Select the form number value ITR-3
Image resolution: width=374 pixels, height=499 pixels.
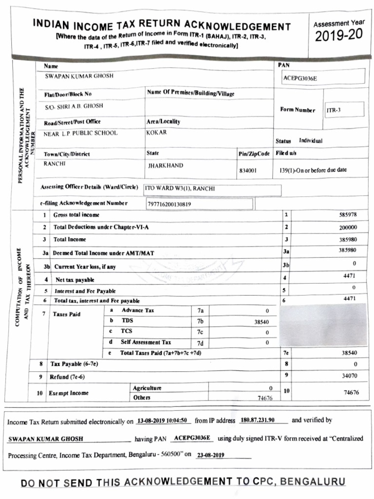(x=334, y=110)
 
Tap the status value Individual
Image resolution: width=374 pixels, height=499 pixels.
(x=311, y=140)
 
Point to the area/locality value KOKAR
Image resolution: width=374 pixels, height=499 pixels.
(x=156, y=132)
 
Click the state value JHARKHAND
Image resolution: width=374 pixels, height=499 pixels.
(x=166, y=166)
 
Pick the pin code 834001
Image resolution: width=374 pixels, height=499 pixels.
(x=248, y=171)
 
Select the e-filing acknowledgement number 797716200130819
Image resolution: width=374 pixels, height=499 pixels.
(x=169, y=204)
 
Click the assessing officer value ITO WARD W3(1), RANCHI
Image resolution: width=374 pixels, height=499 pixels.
(x=180, y=189)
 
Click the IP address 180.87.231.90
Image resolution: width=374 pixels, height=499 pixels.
(x=258, y=420)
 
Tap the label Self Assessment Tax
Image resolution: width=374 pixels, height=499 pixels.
(x=146, y=343)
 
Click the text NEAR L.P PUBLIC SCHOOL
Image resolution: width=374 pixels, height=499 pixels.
(x=80, y=133)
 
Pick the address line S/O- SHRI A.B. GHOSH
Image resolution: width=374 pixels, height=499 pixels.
(x=74, y=106)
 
